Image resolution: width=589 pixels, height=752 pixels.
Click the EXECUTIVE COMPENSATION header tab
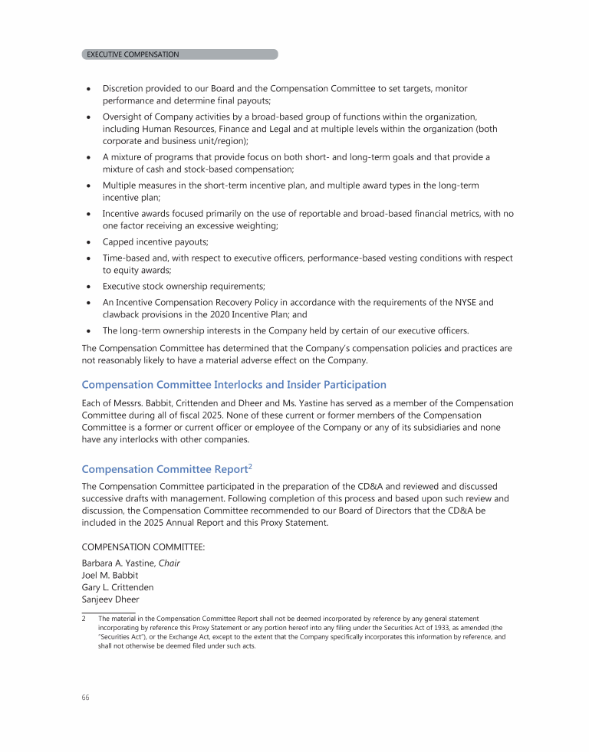(x=133, y=54)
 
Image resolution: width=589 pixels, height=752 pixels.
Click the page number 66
(x=85, y=698)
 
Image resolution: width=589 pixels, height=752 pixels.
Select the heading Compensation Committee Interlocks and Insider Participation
(x=234, y=385)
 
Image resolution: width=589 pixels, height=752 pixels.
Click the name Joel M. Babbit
(x=110, y=575)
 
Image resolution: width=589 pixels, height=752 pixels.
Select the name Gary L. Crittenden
(x=117, y=587)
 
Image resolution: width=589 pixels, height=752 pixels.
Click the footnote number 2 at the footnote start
(x=84, y=619)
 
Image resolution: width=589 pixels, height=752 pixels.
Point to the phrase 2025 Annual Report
(x=187, y=523)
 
